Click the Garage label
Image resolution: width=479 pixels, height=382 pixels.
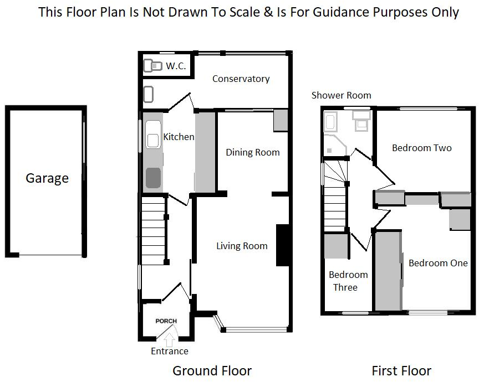tap(47, 178)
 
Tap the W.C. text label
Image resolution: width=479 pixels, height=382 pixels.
tap(176, 66)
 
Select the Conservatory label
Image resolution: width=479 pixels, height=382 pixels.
tap(241, 79)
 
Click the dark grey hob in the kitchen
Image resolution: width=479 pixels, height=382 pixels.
tap(153, 177)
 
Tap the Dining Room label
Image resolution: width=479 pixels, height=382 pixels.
tap(252, 152)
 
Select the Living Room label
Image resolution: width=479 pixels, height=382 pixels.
tap(242, 246)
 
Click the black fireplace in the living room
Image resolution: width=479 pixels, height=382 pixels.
tap(283, 245)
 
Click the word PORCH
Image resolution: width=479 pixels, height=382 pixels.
tap(166, 321)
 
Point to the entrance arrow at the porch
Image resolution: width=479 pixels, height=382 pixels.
tap(170, 334)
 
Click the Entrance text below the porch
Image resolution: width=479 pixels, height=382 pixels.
tap(170, 351)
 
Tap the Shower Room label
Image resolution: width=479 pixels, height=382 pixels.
tap(341, 95)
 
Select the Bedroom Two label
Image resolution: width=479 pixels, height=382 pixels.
tap(421, 148)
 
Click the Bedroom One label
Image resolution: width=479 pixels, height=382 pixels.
tap(438, 263)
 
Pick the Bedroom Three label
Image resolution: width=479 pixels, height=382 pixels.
tap(348, 281)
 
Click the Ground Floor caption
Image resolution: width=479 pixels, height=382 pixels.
tap(212, 370)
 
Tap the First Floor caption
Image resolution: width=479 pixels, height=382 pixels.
tap(401, 370)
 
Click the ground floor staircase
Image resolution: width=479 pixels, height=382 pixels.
tap(153, 227)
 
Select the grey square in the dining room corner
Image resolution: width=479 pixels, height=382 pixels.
tap(281, 121)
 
